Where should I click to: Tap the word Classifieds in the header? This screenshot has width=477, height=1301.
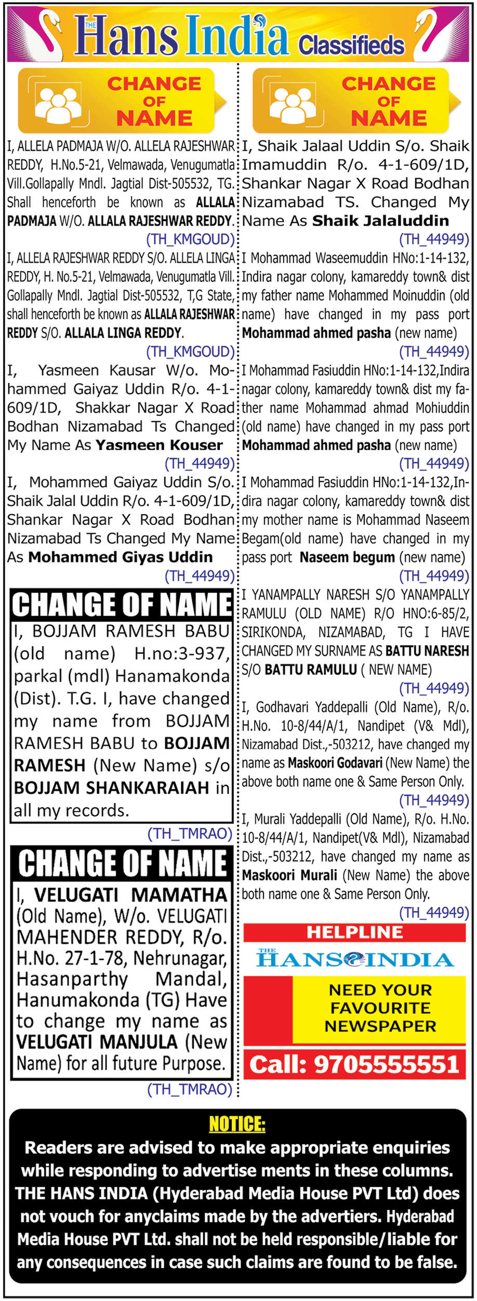tap(351, 46)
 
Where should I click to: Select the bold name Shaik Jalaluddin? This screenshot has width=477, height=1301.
tap(380, 220)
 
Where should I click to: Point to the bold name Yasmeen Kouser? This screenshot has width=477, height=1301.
tap(159, 445)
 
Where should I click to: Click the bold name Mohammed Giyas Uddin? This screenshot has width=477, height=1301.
tap(121, 557)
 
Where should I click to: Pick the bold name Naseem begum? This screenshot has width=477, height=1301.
tap(347, 557)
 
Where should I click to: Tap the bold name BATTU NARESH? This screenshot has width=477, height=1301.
tap(427, 650)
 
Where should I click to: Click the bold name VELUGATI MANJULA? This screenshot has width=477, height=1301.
tap(97, 1042)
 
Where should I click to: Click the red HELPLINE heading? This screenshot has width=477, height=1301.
tap(354, 932)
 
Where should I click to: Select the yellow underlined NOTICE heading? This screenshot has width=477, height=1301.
tap(237, 1124)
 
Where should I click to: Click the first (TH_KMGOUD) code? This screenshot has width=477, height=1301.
tap(190, 239)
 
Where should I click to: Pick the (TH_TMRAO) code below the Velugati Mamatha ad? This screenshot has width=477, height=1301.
tap(190, 1089)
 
